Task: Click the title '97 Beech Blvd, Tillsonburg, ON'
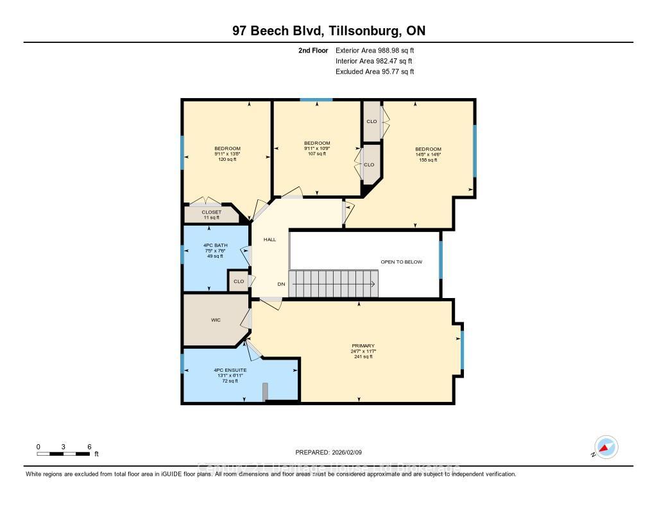(x=328, y=31)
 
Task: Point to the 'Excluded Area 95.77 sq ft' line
(x=375, y=72)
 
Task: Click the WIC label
(x=216, y=320)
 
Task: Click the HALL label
(x=269, y=239)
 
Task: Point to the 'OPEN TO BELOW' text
(x=402, y=262)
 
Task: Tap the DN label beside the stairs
(x=281, y=284)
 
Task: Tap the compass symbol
(x=606, y=447)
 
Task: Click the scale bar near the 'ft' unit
(x=64, y=454)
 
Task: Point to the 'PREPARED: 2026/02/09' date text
(x=328, y=451)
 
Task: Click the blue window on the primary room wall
(x=462, y=350)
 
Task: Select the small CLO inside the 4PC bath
(x=239, y=281)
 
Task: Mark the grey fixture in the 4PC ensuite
(x=264, y=392)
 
